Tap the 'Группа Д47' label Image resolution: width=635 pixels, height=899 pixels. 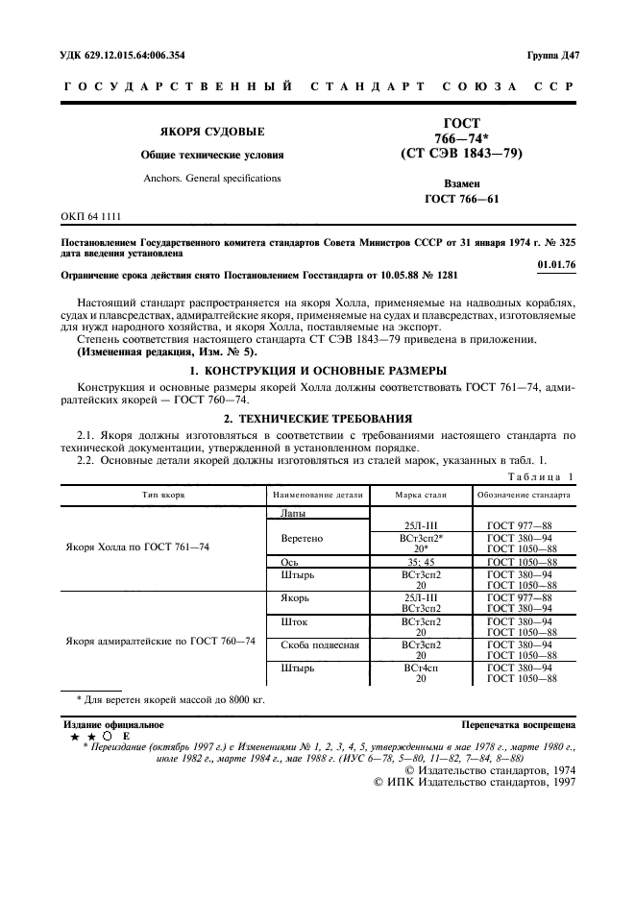[552, 56]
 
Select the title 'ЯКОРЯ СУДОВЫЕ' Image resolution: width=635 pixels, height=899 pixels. [212, 131]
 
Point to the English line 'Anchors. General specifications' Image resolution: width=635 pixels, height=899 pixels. [212, 178]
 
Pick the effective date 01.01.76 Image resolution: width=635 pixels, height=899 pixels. [554, 264]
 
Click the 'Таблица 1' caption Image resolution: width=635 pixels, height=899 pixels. [541, 476]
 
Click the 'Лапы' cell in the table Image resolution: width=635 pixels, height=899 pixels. [293, 513]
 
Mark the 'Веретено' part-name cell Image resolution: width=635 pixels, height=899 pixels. [301, 539]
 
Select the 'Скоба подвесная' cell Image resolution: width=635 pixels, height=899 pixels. [320, 644]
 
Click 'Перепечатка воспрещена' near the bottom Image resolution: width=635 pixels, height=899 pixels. [518, 725]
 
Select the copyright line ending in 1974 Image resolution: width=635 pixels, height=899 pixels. [490, 769]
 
